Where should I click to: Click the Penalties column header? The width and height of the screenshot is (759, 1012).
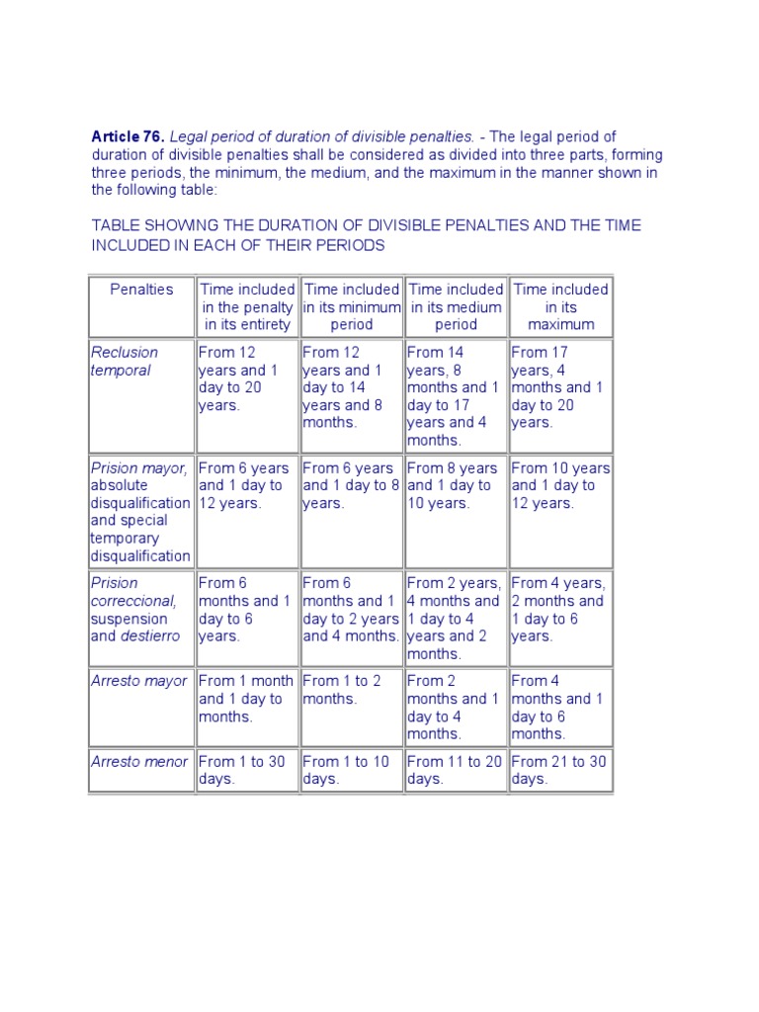click(141, 290)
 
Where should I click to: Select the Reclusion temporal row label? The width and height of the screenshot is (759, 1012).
click(124, 361)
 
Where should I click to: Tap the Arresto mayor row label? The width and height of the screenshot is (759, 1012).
click(137, 681)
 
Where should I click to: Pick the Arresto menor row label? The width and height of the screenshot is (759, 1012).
click(137, 762)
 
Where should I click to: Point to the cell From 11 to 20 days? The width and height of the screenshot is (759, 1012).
click(455, 770)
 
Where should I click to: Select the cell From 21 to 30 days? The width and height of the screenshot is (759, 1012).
click(559, 770)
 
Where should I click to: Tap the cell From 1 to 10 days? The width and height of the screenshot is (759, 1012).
click(351, 770)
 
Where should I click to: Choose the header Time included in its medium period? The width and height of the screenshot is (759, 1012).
click(456, 306)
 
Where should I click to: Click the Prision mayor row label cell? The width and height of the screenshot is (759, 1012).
click(140, 512)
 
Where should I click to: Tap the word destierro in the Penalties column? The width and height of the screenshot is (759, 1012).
click(150, 636)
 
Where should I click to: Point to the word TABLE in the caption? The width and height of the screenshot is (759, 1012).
click(113, 225)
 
